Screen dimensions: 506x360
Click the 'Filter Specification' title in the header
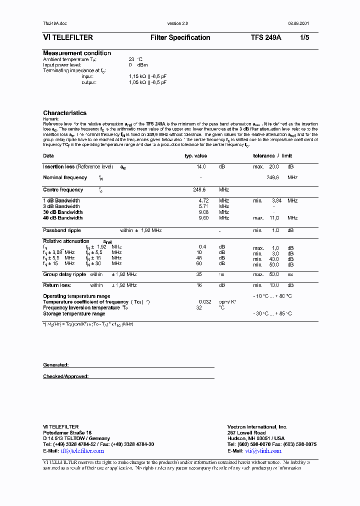pos(180,37)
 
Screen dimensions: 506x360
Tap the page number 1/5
pos(304,37)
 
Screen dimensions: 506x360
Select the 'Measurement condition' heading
pos(77,53)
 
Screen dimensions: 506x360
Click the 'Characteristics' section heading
pos(64,113)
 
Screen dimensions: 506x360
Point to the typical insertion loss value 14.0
pos(201,166)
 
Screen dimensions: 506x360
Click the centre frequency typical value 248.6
pos(199,190)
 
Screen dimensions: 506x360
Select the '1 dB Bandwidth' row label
pos(61,200)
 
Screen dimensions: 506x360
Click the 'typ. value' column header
pos(195,156)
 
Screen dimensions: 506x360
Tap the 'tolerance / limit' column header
pos(272,156)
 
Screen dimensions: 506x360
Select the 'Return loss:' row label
pos(57,285)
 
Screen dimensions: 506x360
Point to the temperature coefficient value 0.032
pos(204,302)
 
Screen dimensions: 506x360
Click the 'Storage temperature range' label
pos(74,313)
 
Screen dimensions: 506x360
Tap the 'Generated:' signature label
pos(55,365)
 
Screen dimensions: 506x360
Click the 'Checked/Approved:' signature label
pos(65,376)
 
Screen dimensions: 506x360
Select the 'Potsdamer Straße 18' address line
pos(67,432)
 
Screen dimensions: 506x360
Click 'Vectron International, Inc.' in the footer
pos(257,427)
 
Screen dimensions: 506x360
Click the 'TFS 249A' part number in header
pos(265,37)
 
